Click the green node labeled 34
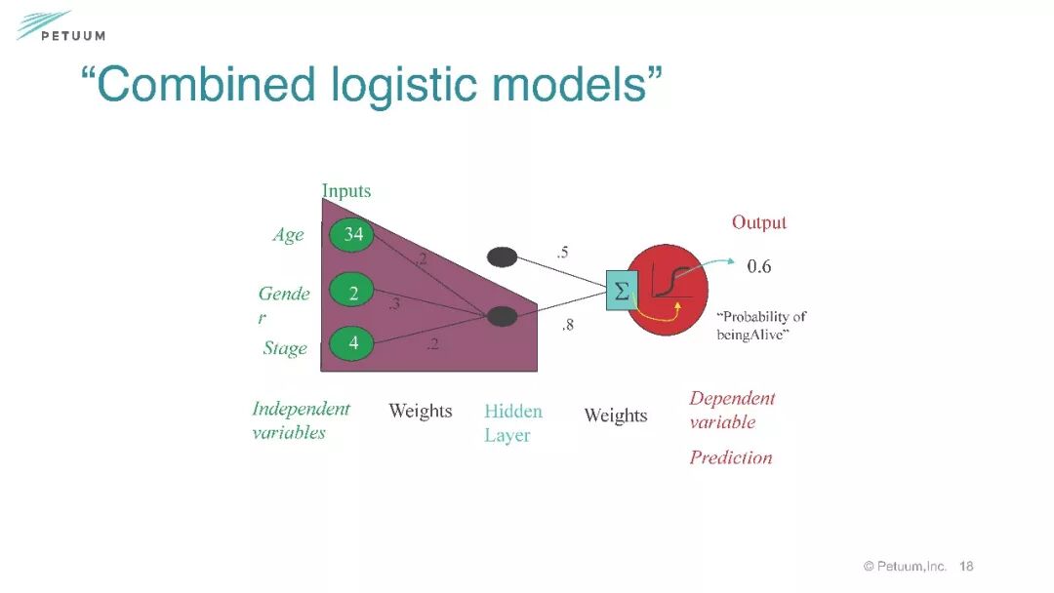point(352,234)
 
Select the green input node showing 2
point(352,291)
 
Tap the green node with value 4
point(352,343)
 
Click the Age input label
point(288,235)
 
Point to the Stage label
point(285,348)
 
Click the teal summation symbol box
point(621,290)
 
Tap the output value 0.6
point(759,266)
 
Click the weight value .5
point(562,253)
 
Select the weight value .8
point(567,326)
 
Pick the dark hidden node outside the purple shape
point(502,257)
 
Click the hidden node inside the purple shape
point(502,316)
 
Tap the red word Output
point(758,222)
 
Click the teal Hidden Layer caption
point(512,423)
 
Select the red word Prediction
point(730,457)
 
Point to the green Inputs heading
point(346,191)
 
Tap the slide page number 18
point(966,566)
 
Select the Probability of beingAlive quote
point(761,326)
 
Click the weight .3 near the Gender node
point(394,304)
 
